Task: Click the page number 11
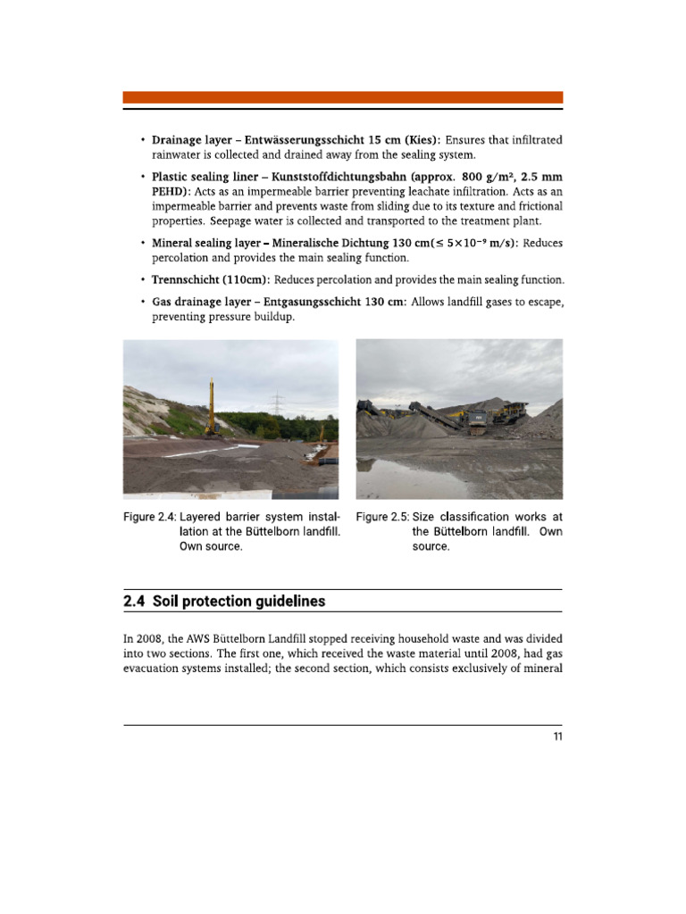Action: (556, 736)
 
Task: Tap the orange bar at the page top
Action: (342, 97)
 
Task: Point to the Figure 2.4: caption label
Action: (149, 517)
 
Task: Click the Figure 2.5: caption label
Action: (382, 517)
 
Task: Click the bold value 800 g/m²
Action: (486, 176)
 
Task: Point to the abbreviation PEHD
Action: (170, 191)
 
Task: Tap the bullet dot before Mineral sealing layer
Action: (142, 244)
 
